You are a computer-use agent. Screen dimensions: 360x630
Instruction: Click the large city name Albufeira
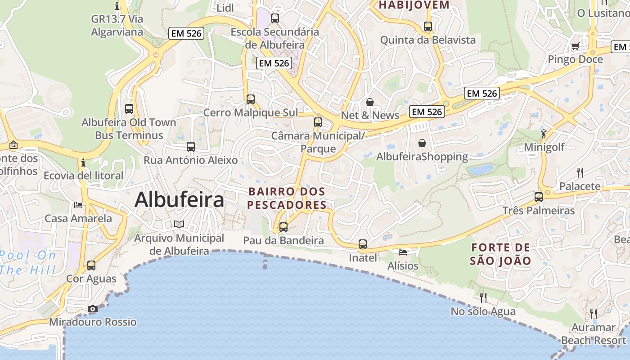(179, 200)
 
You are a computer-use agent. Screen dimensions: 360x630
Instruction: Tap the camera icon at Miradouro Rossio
(93, 309)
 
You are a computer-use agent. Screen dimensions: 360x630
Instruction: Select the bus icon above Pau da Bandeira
(283, 227)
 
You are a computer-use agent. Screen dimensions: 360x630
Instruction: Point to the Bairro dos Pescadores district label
(287, 198)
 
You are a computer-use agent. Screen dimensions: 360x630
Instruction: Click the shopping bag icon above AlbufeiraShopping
(422, 143)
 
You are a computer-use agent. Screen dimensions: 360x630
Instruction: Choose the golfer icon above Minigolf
(544, 133)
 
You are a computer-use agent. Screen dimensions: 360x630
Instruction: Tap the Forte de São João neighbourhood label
(500, 254)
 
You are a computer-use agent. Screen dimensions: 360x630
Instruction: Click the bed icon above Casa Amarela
(78, 205)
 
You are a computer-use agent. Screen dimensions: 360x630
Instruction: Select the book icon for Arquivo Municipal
(179, 224)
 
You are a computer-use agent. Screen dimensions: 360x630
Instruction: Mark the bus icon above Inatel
(363, 244)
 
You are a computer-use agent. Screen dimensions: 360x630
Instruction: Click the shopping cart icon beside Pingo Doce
(575, 46)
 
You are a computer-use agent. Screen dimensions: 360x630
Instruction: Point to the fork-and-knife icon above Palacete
(580, 172)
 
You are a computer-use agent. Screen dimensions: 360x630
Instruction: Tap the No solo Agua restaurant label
(483, 311)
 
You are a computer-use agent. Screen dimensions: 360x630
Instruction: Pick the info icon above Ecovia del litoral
(83, 162)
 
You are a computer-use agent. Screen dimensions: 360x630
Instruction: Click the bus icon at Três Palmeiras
(539, 197)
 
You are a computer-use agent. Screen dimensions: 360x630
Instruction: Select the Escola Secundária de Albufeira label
(275, 38)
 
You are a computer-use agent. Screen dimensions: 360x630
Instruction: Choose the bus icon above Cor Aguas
(91, 265)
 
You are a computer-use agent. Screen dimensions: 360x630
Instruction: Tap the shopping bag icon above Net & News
(370, 102)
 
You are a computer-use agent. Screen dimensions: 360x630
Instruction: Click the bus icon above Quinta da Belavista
(428, 26)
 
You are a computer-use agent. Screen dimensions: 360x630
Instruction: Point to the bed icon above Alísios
(403, 252)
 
